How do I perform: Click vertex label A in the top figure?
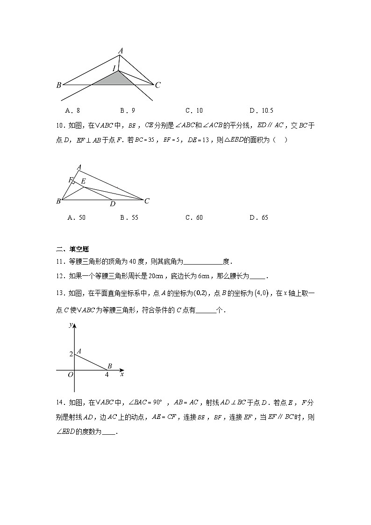point(121,50)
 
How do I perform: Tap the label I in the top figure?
point(114,69)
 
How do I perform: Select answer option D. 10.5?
point(261,111)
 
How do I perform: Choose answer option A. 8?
point(74,111)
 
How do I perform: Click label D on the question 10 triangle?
point(112,204)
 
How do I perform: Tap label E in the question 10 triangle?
point(83,181)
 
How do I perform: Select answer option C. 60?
point(194,217)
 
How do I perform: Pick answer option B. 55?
point(129,217)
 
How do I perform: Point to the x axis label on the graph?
point(122,374)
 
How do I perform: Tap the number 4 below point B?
point(107,374)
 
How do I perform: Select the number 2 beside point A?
point(71,354)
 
